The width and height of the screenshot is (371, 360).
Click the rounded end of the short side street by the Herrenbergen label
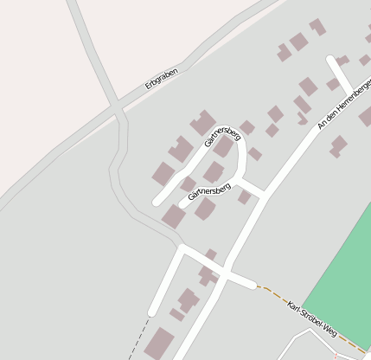(331, 59)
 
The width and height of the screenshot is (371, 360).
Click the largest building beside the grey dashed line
(159, 344)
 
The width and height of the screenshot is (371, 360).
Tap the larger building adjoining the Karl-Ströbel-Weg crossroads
(207, 275)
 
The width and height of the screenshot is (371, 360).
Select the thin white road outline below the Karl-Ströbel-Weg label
(303, 333)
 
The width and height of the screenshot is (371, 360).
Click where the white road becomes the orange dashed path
(258, 286)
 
